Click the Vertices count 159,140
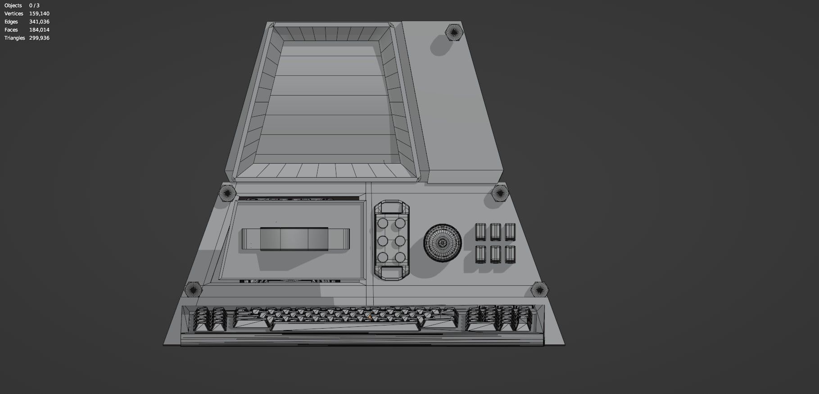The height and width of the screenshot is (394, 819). pyautogui.click(x=39, y=14)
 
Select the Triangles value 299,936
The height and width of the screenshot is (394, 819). pyautogui.click(x=39, y=38)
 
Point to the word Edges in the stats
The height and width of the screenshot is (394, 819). pyautogui.click(x=11, y=22)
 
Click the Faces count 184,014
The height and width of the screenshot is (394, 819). pyautogui.click(x=39, y=30)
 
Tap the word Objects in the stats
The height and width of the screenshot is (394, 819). pyautogui.click(x=13, y=5)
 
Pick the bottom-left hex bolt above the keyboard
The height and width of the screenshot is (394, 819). pyautogui.click(x=194, y=289)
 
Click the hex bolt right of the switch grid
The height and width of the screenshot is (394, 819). pyautogui.click(x=499, y=193)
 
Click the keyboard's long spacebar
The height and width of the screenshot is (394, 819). pyautogui.click(x=347, y=326)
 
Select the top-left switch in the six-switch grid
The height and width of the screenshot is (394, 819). pyautogui.click(x=481, y=232)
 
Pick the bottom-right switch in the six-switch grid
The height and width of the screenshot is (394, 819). pyautogui.click(x=510, y=254)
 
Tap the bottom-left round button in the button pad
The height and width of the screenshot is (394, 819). pyautogui.click(x=383, y=257)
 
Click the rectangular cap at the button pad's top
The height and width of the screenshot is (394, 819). pyautogui.click(x=391, y=208)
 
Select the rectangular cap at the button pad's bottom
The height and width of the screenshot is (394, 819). pyautogui.click(x=391, y=273)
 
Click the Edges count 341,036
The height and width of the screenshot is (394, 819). pyautogui.click(x=39, y=22)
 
